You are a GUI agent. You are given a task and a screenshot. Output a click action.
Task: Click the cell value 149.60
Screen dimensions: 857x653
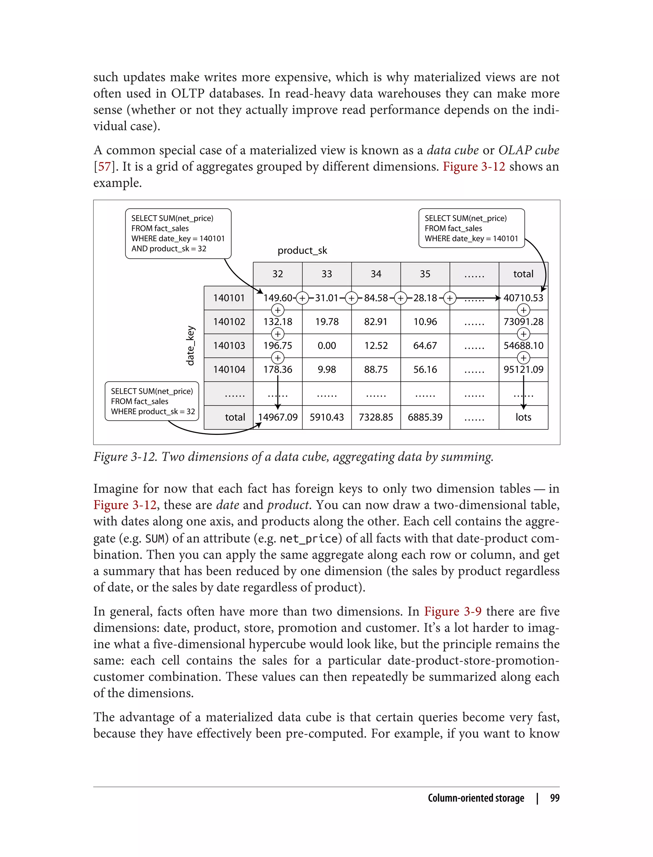tap(277, 298)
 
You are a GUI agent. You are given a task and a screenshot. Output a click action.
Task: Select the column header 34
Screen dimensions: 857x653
tap(376, 274)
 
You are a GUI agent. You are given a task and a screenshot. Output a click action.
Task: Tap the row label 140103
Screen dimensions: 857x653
tap(229, 346)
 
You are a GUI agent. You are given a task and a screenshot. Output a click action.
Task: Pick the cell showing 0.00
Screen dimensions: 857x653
tap(326, 346)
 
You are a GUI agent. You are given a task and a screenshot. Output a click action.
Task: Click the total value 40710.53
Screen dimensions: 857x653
tap(523, 298)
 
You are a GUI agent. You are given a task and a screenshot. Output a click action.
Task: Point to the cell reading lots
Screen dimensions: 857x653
tap(523, 417)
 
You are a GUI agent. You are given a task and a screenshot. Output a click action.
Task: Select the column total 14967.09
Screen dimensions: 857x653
tap(277, 417)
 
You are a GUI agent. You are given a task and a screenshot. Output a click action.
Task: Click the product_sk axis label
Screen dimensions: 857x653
tap(302, 251)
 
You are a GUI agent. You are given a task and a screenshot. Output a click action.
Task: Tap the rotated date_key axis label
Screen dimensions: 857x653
tap(190, 346)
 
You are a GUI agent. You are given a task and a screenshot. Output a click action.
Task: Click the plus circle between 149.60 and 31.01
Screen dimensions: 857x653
tap(302, 298)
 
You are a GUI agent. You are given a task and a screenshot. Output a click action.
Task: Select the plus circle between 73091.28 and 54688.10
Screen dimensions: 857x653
tap(524, 334)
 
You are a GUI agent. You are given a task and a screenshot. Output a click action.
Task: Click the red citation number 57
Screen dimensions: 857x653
tap(104, 166)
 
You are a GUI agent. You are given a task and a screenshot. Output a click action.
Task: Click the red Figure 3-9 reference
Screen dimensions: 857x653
tap(452, 612)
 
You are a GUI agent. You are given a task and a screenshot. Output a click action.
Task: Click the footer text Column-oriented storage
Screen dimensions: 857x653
tap(476, 798)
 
